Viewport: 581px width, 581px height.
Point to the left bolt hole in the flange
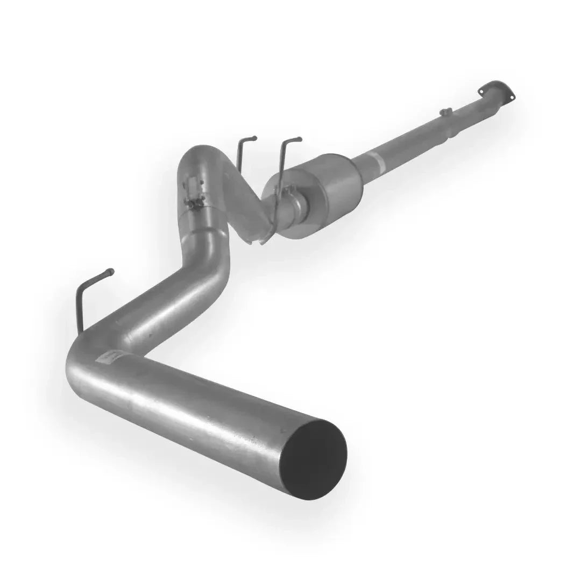(x=482, y=92)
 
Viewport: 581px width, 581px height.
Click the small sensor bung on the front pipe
(x=445, y=112)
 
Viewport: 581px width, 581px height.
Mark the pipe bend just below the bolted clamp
(x=207, y=253)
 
